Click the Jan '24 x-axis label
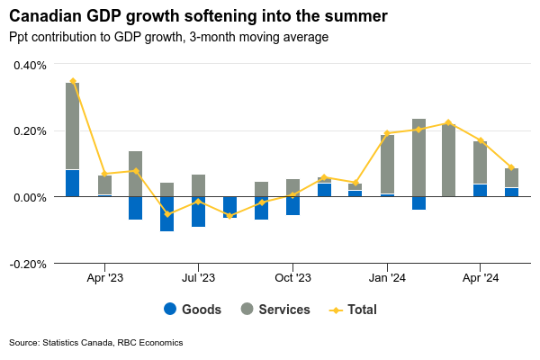tap(386, 278)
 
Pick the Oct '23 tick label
tap(292, 278)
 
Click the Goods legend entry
tap(193, 310)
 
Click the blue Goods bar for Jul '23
tap(198, 211)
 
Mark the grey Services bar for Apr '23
tap(104, 184)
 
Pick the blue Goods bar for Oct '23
tap(292, 205)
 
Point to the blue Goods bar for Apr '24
tap(480, 190)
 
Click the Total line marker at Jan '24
tap(387, 133)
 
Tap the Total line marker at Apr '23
tap(104, 174)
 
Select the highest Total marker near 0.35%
tap(73, 81)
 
